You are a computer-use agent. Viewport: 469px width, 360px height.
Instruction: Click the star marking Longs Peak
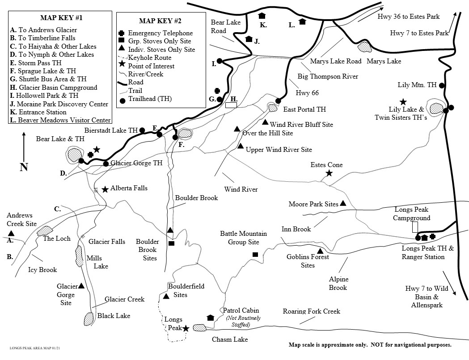(186, 328)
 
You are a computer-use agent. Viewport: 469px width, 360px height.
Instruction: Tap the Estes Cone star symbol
(329, 173)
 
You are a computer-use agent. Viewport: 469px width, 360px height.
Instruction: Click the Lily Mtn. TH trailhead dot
(442, 85)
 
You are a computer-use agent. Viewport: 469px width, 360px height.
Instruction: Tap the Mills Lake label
(97, 262)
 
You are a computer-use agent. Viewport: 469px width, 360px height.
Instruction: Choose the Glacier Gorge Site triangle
(81, 286)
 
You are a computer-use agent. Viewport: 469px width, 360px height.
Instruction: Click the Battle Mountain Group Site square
(255, 255)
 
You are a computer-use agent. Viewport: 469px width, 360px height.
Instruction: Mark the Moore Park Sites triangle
(343, 203)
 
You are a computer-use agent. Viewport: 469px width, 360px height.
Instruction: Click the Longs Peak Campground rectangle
(415, 227)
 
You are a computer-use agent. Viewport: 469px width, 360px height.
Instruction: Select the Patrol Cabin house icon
(211, 318)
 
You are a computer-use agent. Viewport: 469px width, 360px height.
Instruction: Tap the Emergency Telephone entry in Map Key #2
(160, 33)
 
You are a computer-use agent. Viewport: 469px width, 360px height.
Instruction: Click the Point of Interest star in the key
(121, 66)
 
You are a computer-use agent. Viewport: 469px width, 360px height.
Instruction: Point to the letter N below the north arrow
(24, 167)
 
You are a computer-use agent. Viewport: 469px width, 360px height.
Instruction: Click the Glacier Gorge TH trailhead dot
(106, 163)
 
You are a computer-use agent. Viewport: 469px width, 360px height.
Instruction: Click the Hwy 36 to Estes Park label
(409, 17)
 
